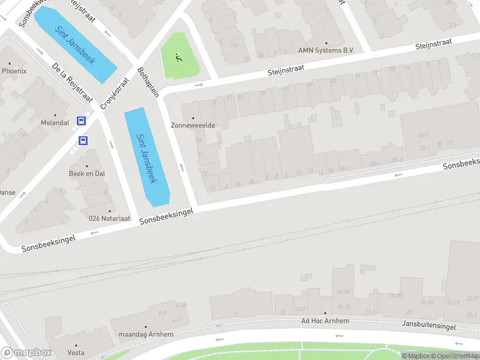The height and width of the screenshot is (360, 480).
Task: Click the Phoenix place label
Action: (14, 71)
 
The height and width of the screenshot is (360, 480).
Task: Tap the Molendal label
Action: (55, 122)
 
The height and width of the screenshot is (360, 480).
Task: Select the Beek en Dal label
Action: (87, 173)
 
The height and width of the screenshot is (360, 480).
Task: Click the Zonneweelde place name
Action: (193, 125)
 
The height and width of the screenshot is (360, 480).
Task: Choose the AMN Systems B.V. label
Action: (326, 50)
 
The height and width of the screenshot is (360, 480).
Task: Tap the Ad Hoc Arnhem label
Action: (325, 321)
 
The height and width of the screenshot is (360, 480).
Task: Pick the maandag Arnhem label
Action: (146, 334)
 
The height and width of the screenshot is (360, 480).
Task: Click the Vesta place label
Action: (76, 352)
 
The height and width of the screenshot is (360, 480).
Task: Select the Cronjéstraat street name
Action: (115, 94)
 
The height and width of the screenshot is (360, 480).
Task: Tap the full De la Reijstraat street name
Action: (71, 82)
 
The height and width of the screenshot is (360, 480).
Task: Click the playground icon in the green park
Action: (178, 58)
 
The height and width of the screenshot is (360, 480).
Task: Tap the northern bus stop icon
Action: (82, 121)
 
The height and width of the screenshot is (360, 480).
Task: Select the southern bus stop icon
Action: (83, 141)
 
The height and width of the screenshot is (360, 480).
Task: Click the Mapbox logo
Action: (26, 353)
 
